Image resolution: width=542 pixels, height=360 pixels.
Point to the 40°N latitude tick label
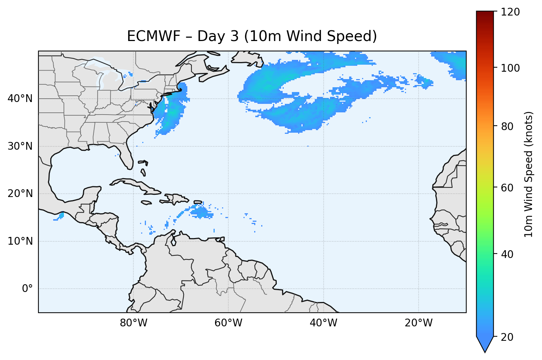20,99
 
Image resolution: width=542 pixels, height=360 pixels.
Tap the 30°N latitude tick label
20,146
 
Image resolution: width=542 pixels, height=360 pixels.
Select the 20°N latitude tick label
20,194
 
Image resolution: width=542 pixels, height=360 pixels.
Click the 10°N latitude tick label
20,241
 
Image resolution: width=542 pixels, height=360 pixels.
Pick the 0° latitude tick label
27,289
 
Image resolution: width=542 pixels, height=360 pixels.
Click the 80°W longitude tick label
133,323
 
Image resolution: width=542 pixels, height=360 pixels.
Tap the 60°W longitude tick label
228,323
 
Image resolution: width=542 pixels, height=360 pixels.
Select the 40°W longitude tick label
323,323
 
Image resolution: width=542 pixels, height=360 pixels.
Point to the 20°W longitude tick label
419,323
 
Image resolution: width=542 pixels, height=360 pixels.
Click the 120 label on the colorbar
510,12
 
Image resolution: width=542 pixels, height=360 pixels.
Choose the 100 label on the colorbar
510,68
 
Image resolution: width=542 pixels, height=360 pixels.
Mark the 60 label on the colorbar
508,188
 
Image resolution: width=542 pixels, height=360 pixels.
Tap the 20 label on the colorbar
508,337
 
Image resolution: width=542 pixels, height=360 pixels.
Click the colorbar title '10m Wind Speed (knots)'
529,174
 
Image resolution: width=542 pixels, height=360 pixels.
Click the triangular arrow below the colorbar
485,344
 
